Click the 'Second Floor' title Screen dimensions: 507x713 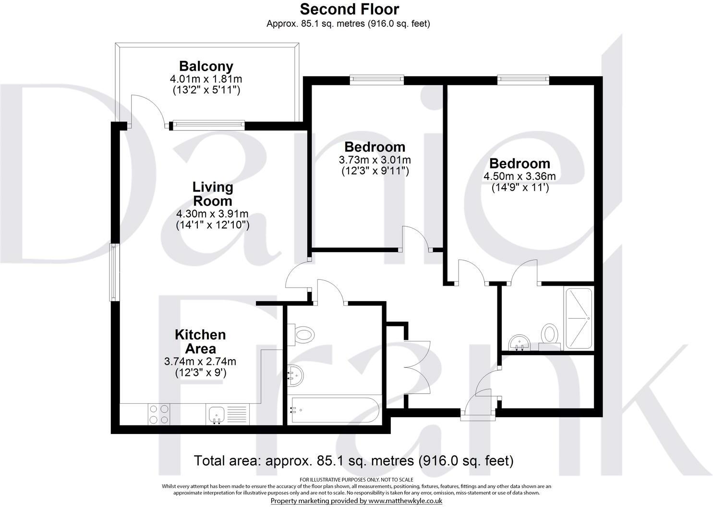[x=349, y=9]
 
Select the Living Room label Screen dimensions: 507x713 [x=212, y=193]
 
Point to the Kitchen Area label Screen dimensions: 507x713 [x=200, y=341]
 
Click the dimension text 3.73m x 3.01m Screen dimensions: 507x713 [x=375, y=159]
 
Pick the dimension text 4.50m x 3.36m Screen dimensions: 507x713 [x=520, y=176]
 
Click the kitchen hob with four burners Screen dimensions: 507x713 [x=159, y=414]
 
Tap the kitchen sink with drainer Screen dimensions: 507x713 [x=227, y=414]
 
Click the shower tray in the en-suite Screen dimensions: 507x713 [x=580, y=318]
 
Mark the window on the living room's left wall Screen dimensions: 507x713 [x=114, y=272]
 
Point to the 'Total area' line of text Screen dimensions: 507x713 [x=353, y=461]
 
